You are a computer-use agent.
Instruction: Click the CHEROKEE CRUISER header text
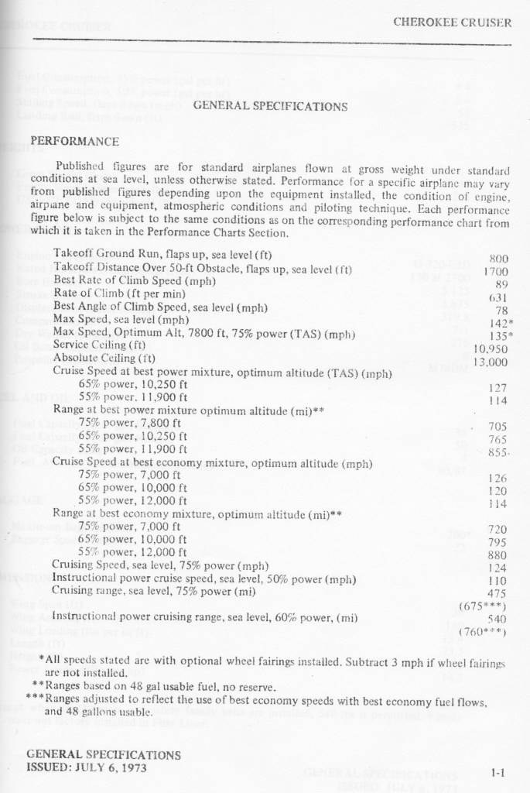[452, 22]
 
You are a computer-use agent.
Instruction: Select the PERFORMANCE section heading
[74, 142]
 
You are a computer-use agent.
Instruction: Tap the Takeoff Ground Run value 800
[498, 259]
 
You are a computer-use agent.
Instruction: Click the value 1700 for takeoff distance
[495, 272]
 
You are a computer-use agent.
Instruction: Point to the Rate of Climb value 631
[497, 297]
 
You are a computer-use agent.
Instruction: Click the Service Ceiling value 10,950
[491, 348]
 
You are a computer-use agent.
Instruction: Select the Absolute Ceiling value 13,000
[491, 362]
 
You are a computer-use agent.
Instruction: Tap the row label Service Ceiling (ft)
[100, 345]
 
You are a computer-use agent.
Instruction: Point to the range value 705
[497, 427]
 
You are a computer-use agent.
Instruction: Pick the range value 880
[497, 554]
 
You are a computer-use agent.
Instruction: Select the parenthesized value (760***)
[483, 631]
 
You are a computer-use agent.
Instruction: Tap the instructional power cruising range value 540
[497, 619]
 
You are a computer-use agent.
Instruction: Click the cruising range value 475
[497, 593]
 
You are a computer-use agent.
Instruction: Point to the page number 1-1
[498, 771]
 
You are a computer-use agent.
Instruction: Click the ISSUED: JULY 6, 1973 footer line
[86, 768]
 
